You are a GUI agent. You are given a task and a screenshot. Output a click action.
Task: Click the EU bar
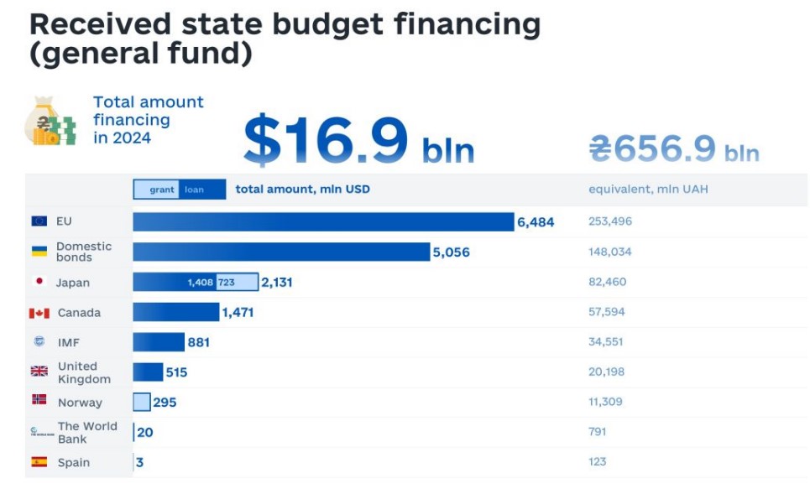(323, 221)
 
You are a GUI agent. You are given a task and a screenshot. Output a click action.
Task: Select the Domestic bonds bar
(281, 252)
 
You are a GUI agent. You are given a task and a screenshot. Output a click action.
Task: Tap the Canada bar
(175, 312)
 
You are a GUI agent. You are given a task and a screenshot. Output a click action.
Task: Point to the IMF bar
(159, 342)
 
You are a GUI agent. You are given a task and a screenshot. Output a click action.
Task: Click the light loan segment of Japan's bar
(238, 283)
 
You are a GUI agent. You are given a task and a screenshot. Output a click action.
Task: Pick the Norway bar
(142, 403)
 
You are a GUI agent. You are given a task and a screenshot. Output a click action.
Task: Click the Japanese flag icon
(39, 282)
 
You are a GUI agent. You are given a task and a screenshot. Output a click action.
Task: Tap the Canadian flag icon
(39, 313)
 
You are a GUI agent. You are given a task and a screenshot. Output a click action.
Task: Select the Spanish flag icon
(39, 462)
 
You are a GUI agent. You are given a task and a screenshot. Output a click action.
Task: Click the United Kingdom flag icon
(39, 372)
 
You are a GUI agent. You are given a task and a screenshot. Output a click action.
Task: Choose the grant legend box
(162, 190)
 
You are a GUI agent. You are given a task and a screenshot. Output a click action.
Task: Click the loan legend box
(195, 190)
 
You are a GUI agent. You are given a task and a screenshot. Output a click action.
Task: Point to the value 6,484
(536, 222)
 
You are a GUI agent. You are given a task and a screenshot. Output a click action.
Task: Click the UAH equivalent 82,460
(607, 282)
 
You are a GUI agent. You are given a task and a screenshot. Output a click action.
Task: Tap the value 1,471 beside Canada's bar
(238, 313)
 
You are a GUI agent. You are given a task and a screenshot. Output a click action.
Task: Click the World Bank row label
(86, 432)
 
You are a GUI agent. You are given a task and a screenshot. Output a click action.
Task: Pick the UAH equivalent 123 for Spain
(597, 461)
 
